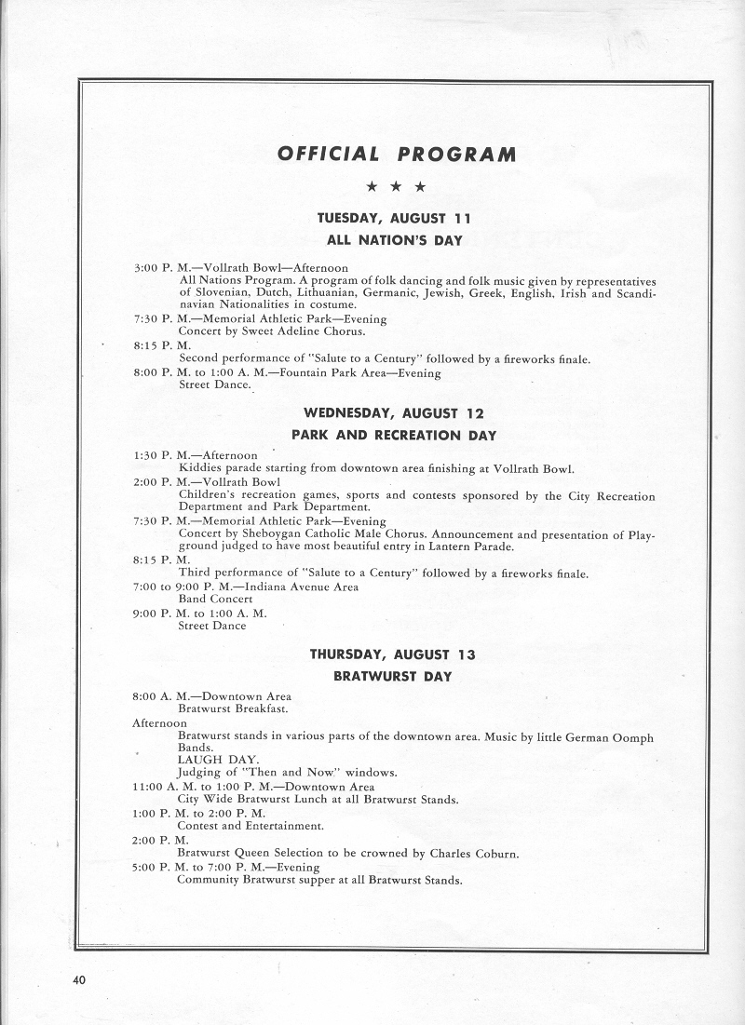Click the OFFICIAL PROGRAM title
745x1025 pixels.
point(396,154)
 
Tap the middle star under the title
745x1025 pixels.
point(396,187)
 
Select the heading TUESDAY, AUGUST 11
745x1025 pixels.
point(395,219)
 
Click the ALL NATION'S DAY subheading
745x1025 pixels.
point(395,240)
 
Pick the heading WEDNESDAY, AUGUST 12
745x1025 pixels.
point(394,413)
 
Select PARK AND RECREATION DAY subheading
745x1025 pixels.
point(394,435)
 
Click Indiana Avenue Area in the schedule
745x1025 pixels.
point(303,587)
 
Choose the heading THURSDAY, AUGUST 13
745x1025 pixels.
point(392,654)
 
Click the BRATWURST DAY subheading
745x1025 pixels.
point(392,677)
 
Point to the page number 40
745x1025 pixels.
point(79,979)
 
